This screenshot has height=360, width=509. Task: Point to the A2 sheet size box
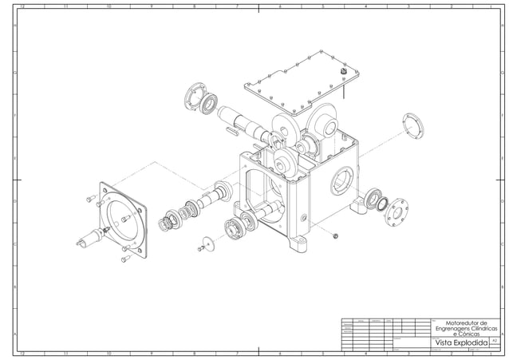(495, 341)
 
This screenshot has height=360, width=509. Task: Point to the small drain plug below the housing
(335, 235)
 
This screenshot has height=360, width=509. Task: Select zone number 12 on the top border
(22, 6)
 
